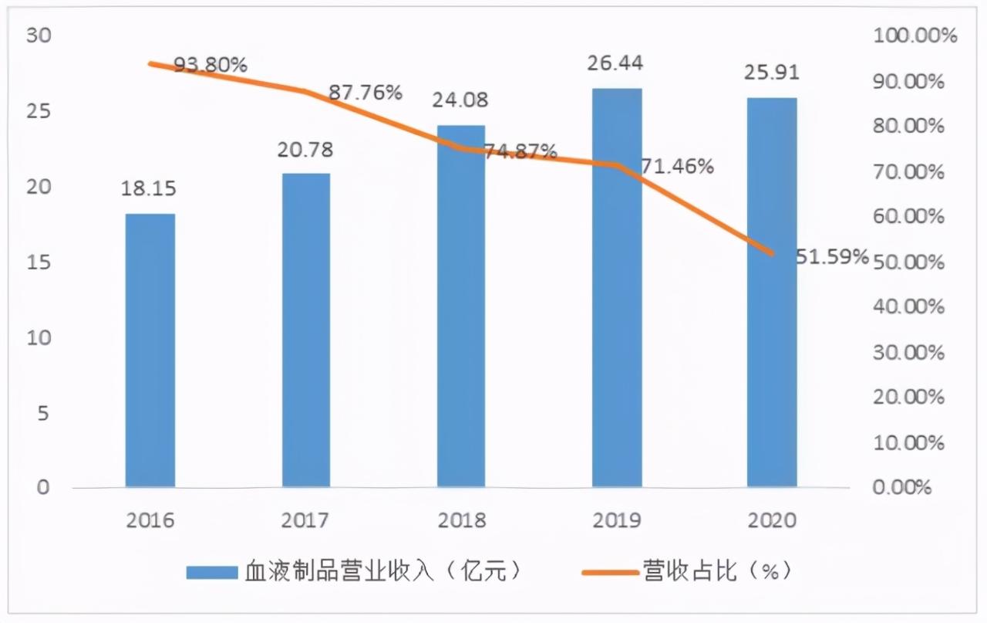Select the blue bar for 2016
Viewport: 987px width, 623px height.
[150, 350]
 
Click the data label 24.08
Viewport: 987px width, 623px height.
[461, 100]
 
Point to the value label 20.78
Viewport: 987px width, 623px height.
[306, 150]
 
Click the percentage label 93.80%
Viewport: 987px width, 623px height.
[211, 65]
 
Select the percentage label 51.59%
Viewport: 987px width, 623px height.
[832, 256]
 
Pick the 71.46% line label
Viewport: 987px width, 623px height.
[677, 166]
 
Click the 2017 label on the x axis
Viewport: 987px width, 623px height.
[306, 520]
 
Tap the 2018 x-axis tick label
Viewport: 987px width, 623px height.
[461, 520]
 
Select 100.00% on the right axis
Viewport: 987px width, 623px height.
[915, 36]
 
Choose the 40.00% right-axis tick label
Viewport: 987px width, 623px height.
[908, 307]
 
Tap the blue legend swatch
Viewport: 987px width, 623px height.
[211, 572]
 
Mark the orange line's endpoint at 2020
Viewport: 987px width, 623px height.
[772, 253]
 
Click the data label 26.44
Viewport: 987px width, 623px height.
[617, 63]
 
